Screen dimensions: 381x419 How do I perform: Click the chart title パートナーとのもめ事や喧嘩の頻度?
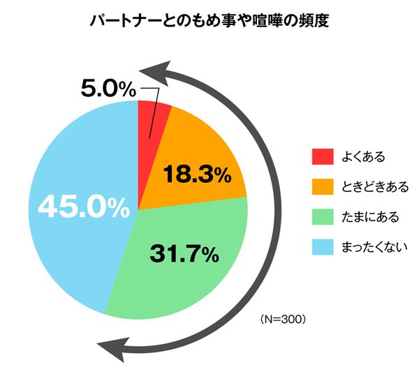coord(209,22)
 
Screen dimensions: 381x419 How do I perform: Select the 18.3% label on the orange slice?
coord(196,174)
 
